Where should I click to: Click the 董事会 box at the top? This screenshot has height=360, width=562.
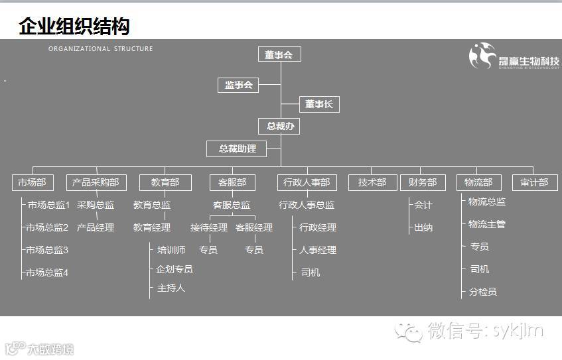(x=279, y=54)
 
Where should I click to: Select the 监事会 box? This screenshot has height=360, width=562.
(x=239, y=85)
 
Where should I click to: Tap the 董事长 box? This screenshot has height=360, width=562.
(x=319, y=104)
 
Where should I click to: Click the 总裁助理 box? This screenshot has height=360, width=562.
(x=238, y=149)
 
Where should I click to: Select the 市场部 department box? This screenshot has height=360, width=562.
(x=33, y=182)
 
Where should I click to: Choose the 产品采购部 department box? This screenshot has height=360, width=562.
(x=96, y=182)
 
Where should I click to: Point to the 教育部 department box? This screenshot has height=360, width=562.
(x=165, y=182)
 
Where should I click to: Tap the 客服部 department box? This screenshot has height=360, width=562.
(x=232, y=182)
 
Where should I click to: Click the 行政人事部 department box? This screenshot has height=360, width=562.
(x=307, y=182)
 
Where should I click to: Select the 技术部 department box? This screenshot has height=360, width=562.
(x=372, y=182)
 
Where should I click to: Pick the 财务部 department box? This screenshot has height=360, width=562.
(x=423, y=182)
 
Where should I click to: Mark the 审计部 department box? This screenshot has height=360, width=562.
(x=535, y=182)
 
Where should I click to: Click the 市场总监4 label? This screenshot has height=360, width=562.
(x=47, y=272)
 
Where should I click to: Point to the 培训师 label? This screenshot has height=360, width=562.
(x=171, y=250)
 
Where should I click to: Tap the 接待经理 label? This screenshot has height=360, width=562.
(x=209, y=227)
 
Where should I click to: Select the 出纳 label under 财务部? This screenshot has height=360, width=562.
(x=423, y=227)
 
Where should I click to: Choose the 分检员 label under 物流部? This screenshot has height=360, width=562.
(x=482, y=292)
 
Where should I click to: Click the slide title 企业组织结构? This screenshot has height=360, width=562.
(x=74, y=27)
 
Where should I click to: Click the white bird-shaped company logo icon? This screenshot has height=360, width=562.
(x=482, y=56)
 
